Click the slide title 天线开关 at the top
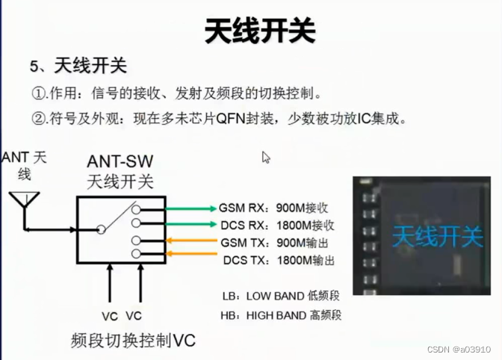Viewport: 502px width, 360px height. (259, 31)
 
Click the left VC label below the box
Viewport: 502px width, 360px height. (110, 315)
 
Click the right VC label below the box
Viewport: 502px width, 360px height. (134, 315)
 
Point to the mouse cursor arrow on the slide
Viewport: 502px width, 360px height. (266, 157)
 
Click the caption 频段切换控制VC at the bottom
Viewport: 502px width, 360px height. (133, 341)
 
